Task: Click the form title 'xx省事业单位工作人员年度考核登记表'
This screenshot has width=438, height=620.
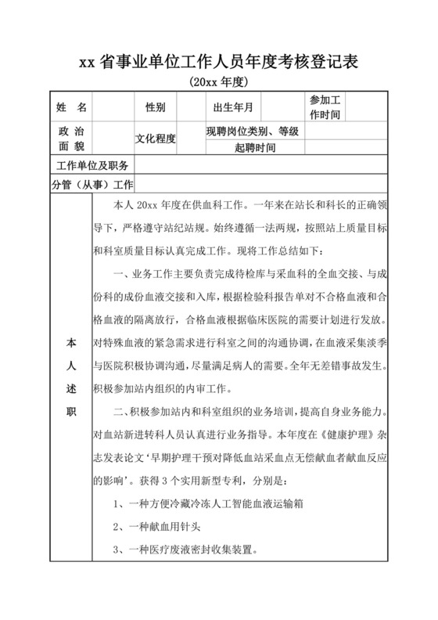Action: (x=218, y=63)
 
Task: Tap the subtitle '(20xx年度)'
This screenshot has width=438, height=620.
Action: (x=218, y=81)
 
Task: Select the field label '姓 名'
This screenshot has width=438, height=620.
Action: (x=71, y=106)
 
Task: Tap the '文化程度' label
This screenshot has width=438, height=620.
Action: (x=155, y=139)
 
